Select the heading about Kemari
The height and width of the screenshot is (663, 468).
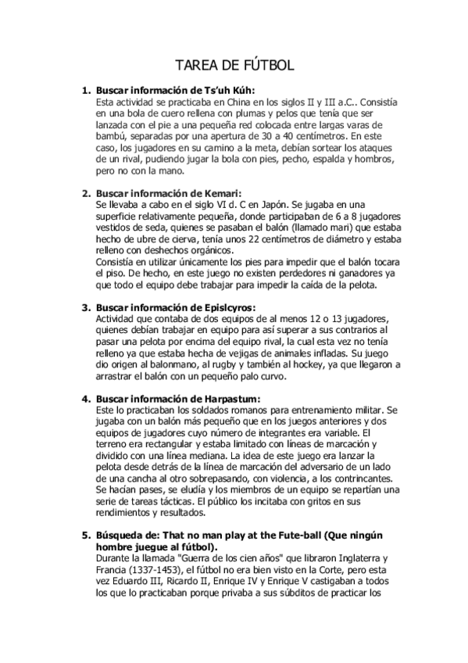[169, 193]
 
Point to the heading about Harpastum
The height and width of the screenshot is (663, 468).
[178, 399]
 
